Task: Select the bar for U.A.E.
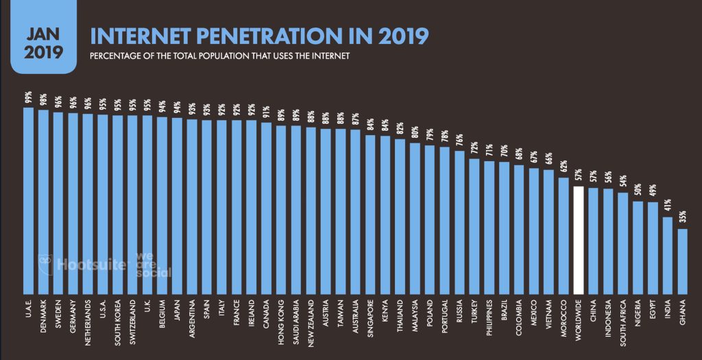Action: pos(28,199)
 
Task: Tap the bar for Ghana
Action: pos(682,260)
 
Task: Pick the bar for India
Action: pos(667,254)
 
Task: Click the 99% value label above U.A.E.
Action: pos(28,98)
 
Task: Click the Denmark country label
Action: pos(43,314)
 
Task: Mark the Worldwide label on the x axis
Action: pos(578,317)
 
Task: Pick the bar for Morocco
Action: pos(564,234)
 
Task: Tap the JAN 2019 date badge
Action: pos(43,40)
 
